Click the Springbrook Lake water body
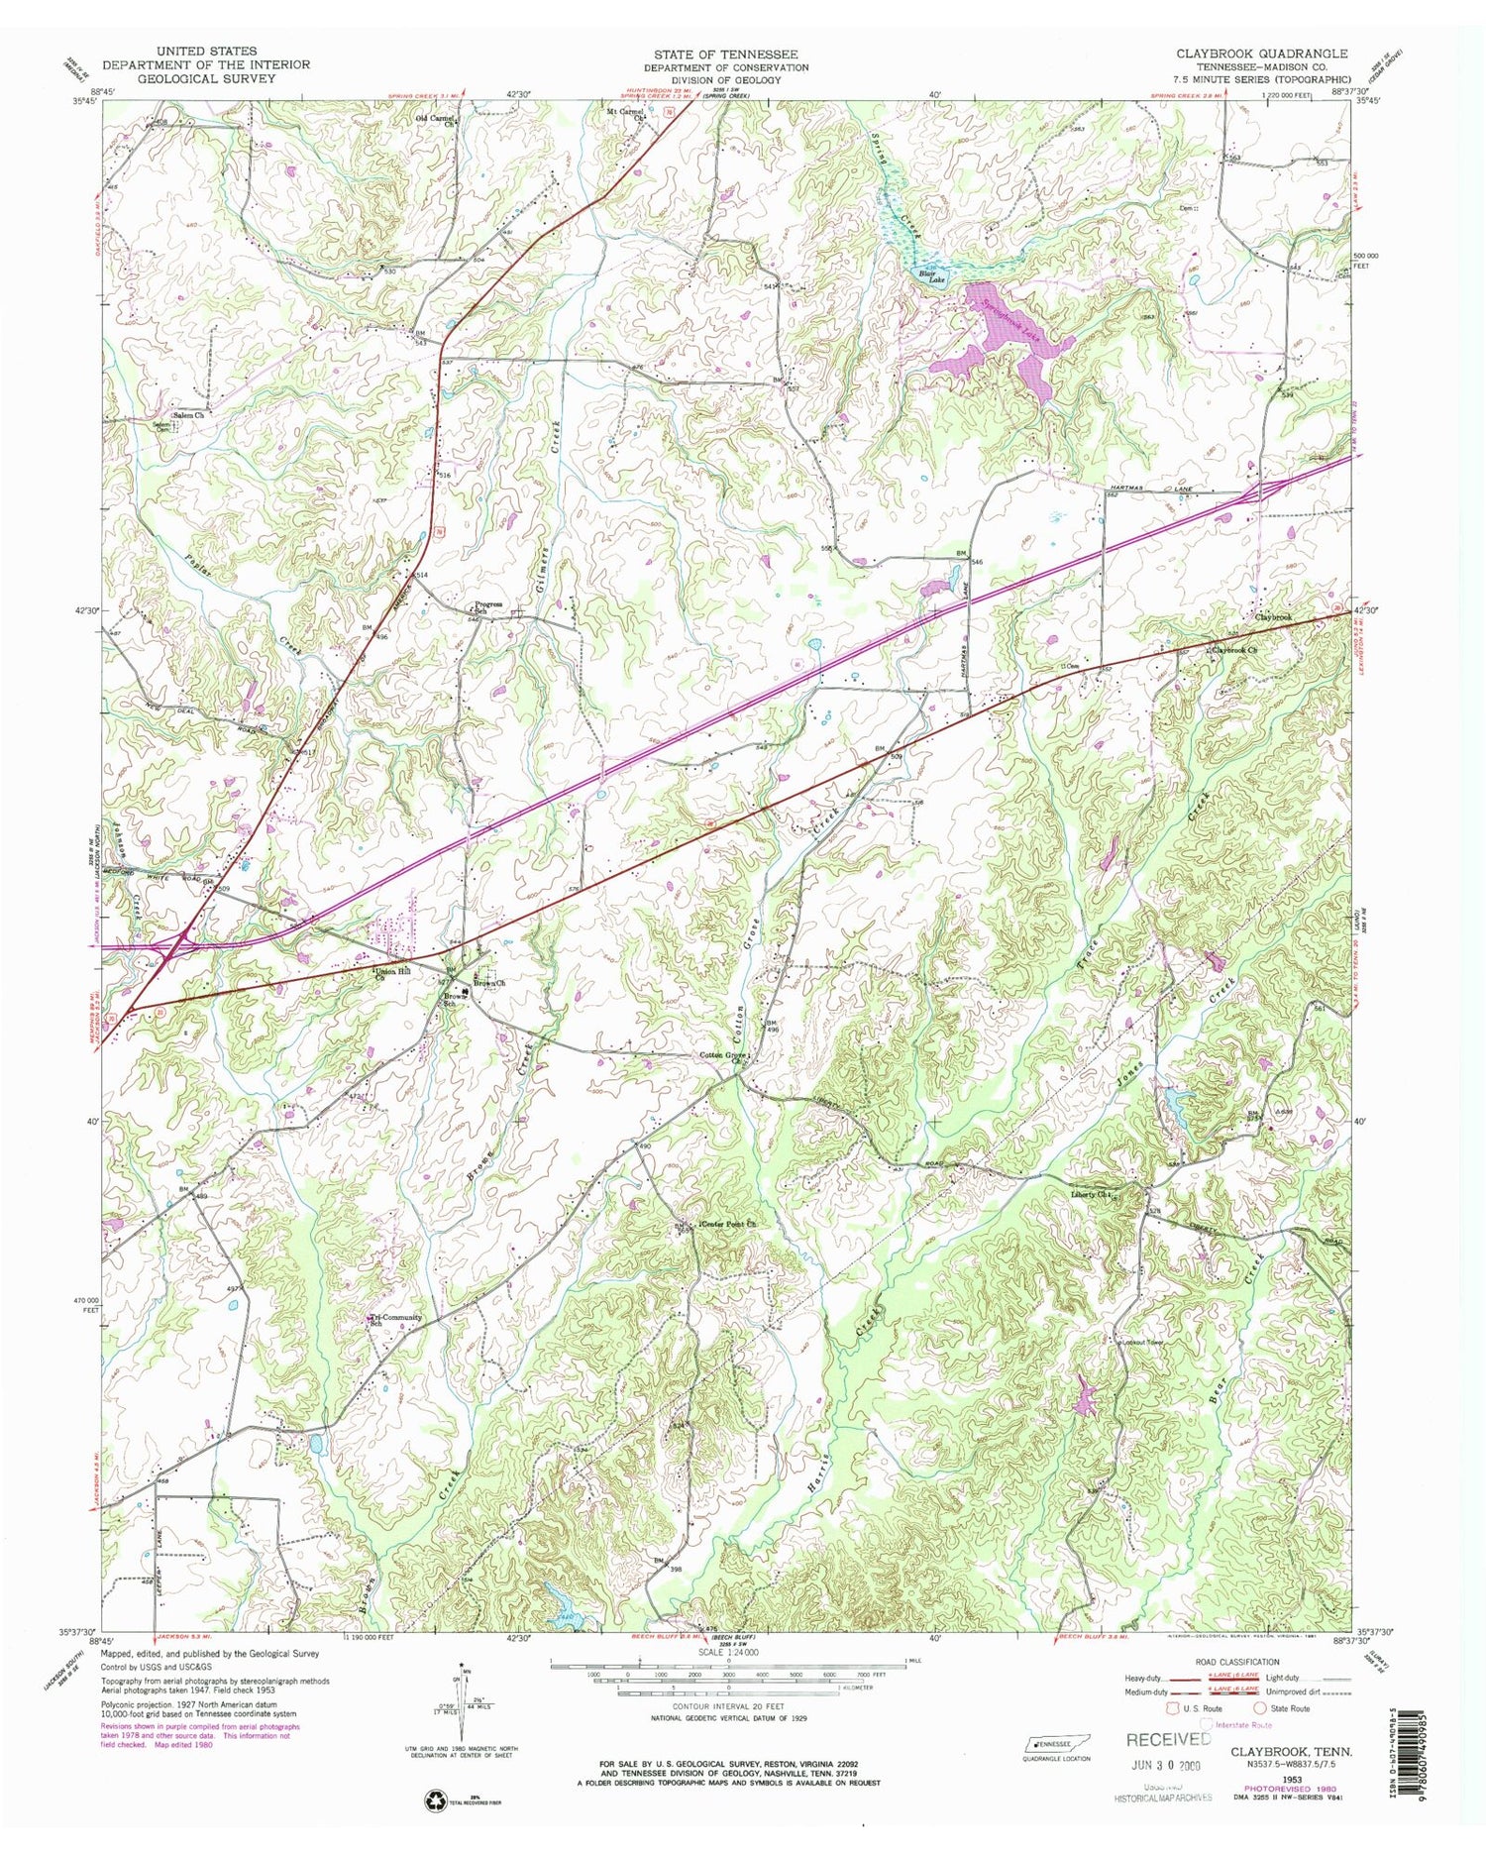[1001, 342]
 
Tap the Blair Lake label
[932, 276]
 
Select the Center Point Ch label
[729, 1225]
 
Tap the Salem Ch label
[188, 415]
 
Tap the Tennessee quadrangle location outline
[1051, 1743]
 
